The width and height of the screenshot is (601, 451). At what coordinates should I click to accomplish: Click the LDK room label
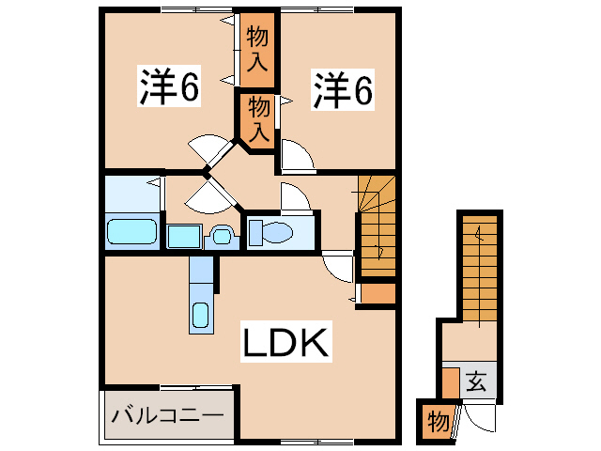coord(286,344)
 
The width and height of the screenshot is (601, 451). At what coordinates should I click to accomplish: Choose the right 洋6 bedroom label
coord(343,89)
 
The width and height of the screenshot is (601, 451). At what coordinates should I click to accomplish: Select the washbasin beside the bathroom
coord(222,236)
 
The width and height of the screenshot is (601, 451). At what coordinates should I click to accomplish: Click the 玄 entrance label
coord(476,381)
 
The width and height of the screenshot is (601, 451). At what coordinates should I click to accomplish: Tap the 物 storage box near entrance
coord(437,420)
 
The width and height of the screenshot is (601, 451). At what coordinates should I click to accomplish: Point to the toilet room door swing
coord(290,198)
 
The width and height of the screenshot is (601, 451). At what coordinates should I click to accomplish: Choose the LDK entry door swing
coord(337,267)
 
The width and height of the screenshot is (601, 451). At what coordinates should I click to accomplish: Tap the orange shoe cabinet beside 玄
coord(451,382)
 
